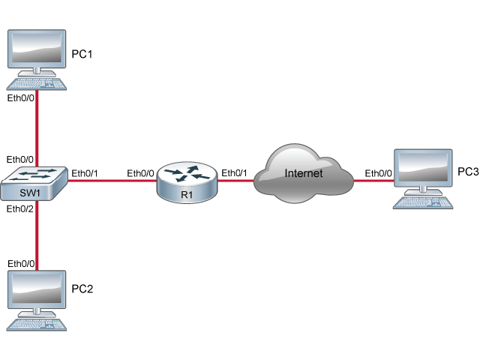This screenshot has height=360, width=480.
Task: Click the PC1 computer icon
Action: click(x=35, y=55)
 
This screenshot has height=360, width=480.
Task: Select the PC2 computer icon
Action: click(x=35, y=295)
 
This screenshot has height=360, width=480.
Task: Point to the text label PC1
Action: click(x=82, y=55)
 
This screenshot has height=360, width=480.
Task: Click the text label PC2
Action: click(x=82, y=289)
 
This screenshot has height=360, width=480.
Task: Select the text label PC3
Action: click(x=468, y=172)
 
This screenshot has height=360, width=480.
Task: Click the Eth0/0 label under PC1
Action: click(x=20, y=98)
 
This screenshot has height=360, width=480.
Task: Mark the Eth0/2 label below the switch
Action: click(x=20, y=208)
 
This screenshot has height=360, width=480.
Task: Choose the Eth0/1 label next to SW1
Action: click(x=85, y=173)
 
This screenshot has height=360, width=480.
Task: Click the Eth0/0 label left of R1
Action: click(x=140, y=173)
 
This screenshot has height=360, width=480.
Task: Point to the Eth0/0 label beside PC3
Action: click(x=379, y=173)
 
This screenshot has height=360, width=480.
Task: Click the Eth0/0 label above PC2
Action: click(x=20, y=263)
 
